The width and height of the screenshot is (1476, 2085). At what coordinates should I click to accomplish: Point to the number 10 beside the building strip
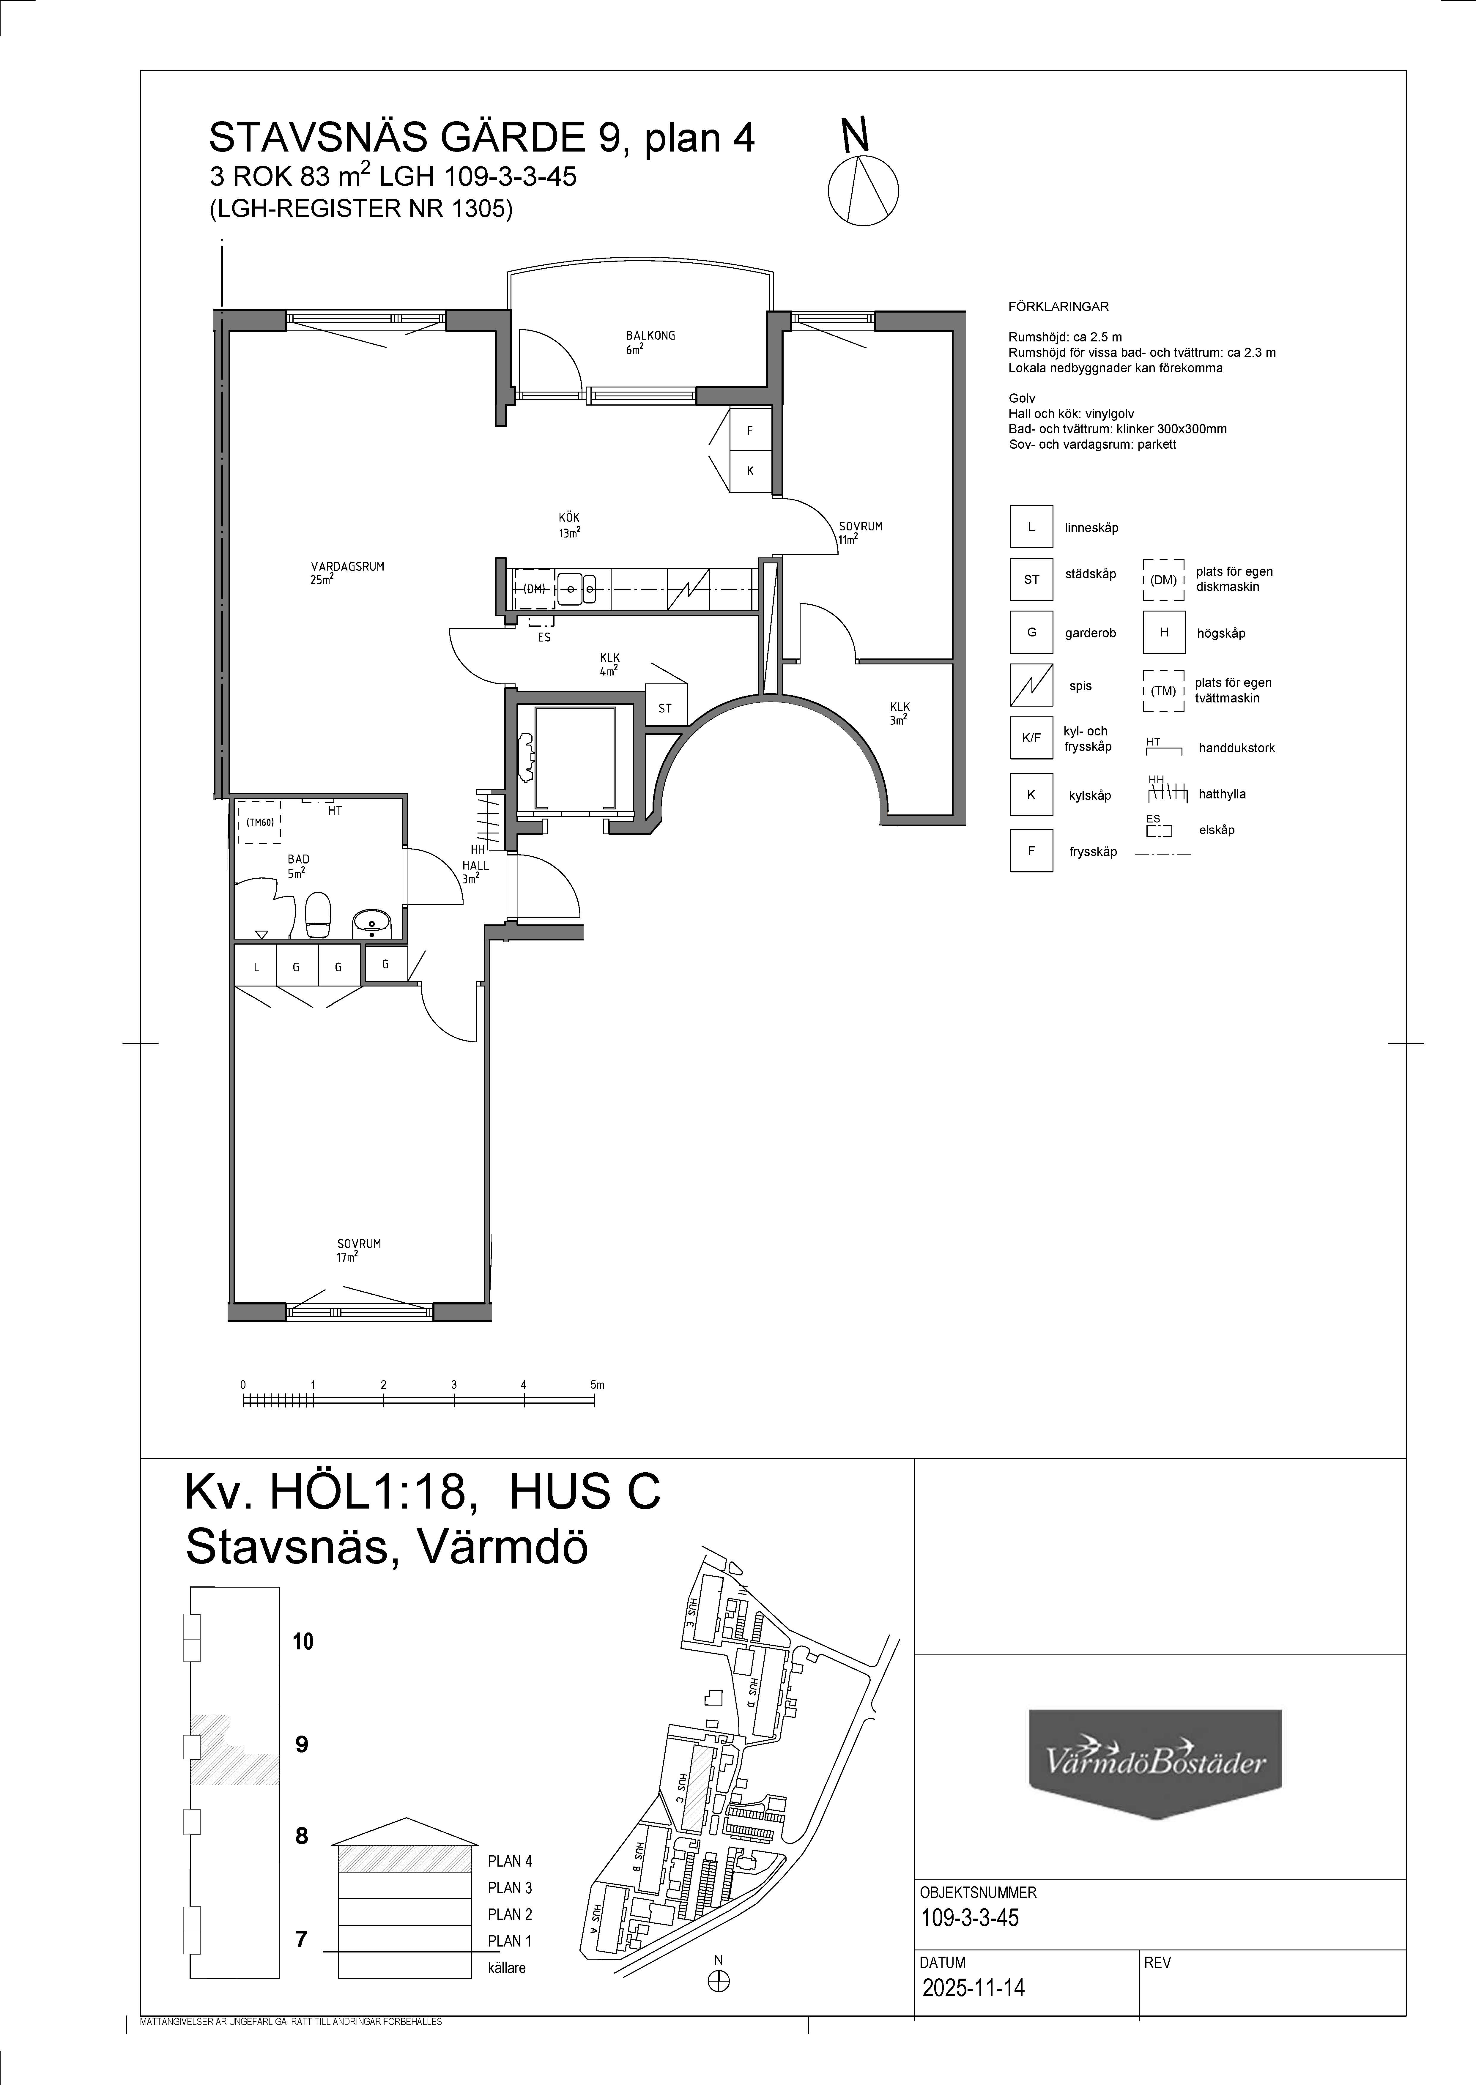303,1641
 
